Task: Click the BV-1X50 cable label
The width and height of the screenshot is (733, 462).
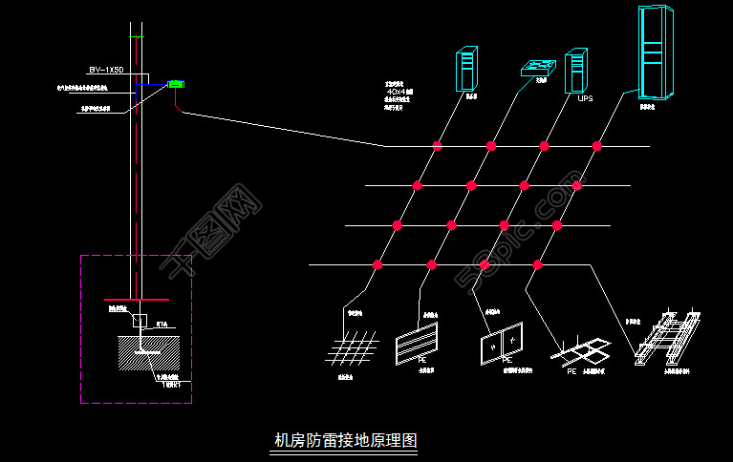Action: click(x=107, y=71)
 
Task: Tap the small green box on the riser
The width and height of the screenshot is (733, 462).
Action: click(x=176, y=84)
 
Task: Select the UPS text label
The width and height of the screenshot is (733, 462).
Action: click(x=585, y=97)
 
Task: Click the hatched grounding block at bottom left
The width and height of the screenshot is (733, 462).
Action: click(x=148, y=353)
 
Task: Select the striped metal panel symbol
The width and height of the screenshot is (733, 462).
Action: click(x=418, y=344)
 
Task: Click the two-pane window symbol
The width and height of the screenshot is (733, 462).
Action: click(x=502, y=345)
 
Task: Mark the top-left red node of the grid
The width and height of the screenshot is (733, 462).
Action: click(x=438, y=146)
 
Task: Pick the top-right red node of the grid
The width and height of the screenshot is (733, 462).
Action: click(x=597, y=146)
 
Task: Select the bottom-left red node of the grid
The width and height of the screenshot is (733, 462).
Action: click(x=377, y=264)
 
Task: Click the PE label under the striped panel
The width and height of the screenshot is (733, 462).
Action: click(x=420, y=361)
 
